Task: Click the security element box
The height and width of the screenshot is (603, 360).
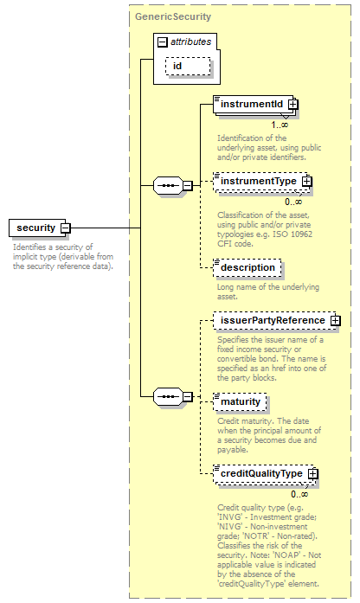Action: (x=38, y=228)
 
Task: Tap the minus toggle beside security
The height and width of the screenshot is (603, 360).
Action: (x=66, y=228)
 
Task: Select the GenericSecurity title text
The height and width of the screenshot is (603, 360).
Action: (x=173, y=17)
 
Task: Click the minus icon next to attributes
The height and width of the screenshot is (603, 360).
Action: (x=163, y=42)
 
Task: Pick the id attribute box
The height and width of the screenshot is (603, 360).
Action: (x=188, y=66)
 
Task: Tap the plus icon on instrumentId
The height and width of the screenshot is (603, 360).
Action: (x=293, y=104)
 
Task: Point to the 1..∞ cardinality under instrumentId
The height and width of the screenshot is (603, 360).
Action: (x=280, y=125)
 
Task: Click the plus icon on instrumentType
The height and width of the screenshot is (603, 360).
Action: (x=307, y=181)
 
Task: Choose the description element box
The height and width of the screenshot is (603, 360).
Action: (x=247, y=267)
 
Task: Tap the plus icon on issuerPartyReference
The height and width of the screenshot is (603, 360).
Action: (x=336, y=320)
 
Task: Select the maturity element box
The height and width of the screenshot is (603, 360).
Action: (x=240, y=401)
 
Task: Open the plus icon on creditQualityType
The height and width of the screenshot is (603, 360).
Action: (x=313, y=473)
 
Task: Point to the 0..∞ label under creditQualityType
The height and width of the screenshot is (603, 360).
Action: (x=299, y=494)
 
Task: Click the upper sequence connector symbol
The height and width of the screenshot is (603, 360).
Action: (x=168, y=185)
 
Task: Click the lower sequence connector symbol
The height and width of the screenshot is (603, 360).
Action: (x=168, y=396)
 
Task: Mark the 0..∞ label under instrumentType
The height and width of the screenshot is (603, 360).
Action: (x=293, y=202)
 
